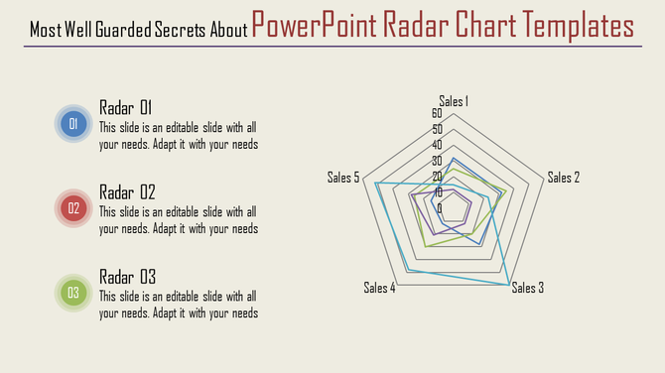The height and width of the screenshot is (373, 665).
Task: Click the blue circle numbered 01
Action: [72, 124]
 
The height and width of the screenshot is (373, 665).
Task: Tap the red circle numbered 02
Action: [72, 208]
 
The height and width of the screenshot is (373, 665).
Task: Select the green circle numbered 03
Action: [72, 293]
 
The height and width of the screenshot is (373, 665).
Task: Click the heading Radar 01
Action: [126, 107]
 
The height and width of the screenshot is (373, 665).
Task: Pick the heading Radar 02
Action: [127, 191]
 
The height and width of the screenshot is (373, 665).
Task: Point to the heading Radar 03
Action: [127, 276]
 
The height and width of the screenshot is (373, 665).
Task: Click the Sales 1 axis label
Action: [455, 100]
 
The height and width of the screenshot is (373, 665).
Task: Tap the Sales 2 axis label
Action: [563, 178]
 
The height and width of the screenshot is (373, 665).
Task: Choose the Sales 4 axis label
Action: [380, 289]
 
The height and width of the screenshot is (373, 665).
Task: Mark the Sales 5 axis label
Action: [343, 178]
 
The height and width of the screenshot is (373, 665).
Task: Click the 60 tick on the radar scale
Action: [437, 114]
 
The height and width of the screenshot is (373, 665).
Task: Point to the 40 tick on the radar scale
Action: [437, 145]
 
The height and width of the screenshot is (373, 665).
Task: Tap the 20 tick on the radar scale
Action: [437, 177]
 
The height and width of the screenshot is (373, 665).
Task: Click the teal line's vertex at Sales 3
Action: [511, 285]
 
